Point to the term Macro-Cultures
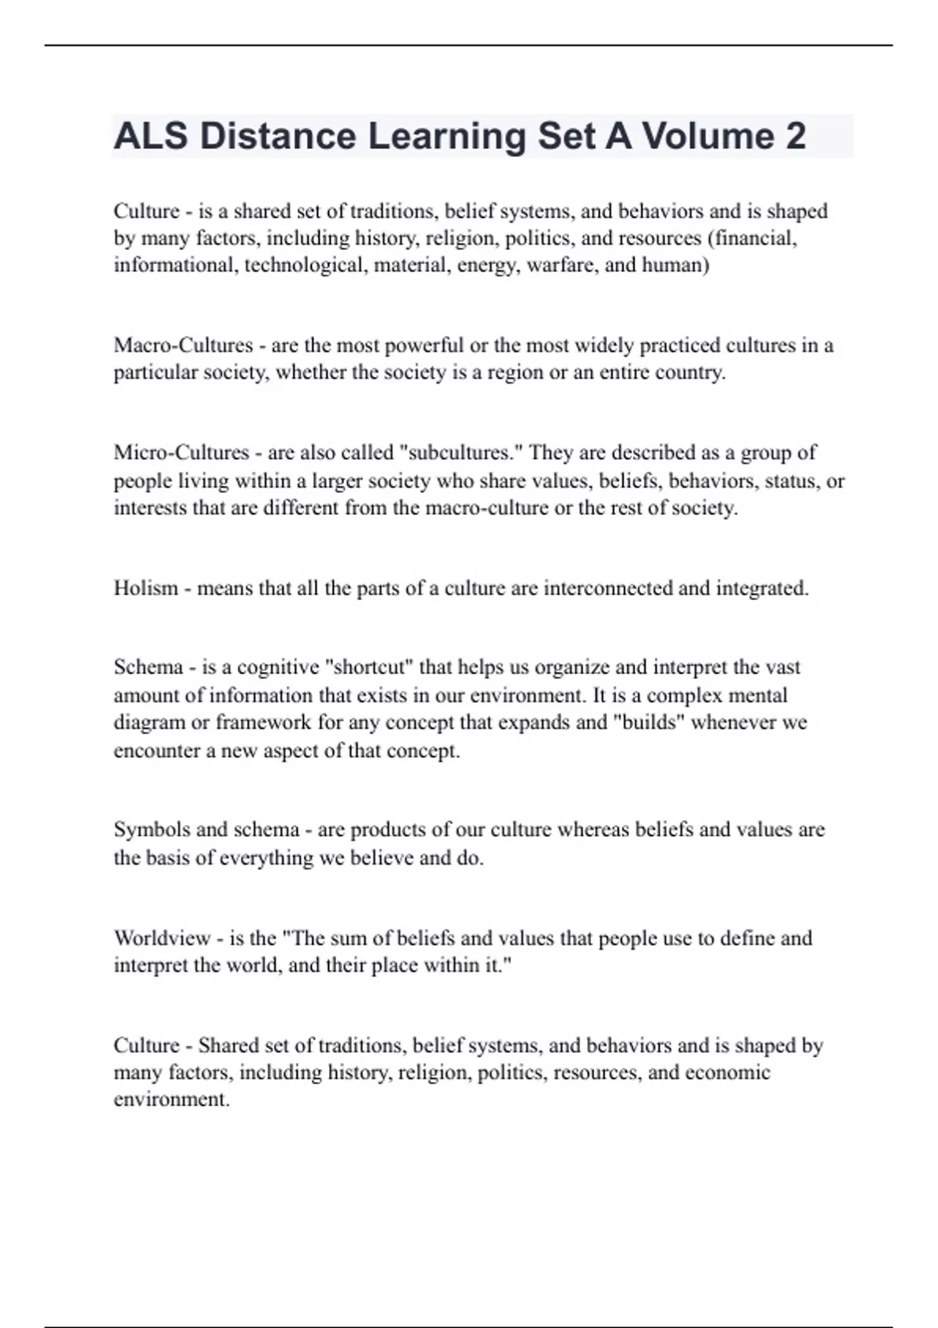coord(183,345)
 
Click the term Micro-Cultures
coord(181,453)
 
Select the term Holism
coord(145,588)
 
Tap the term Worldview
coord(163,937)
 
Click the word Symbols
coord(152,830)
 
